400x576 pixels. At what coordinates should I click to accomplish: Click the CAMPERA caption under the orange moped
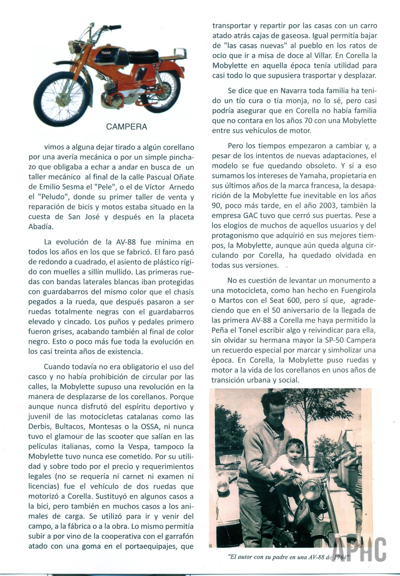click(x=127, y=127)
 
